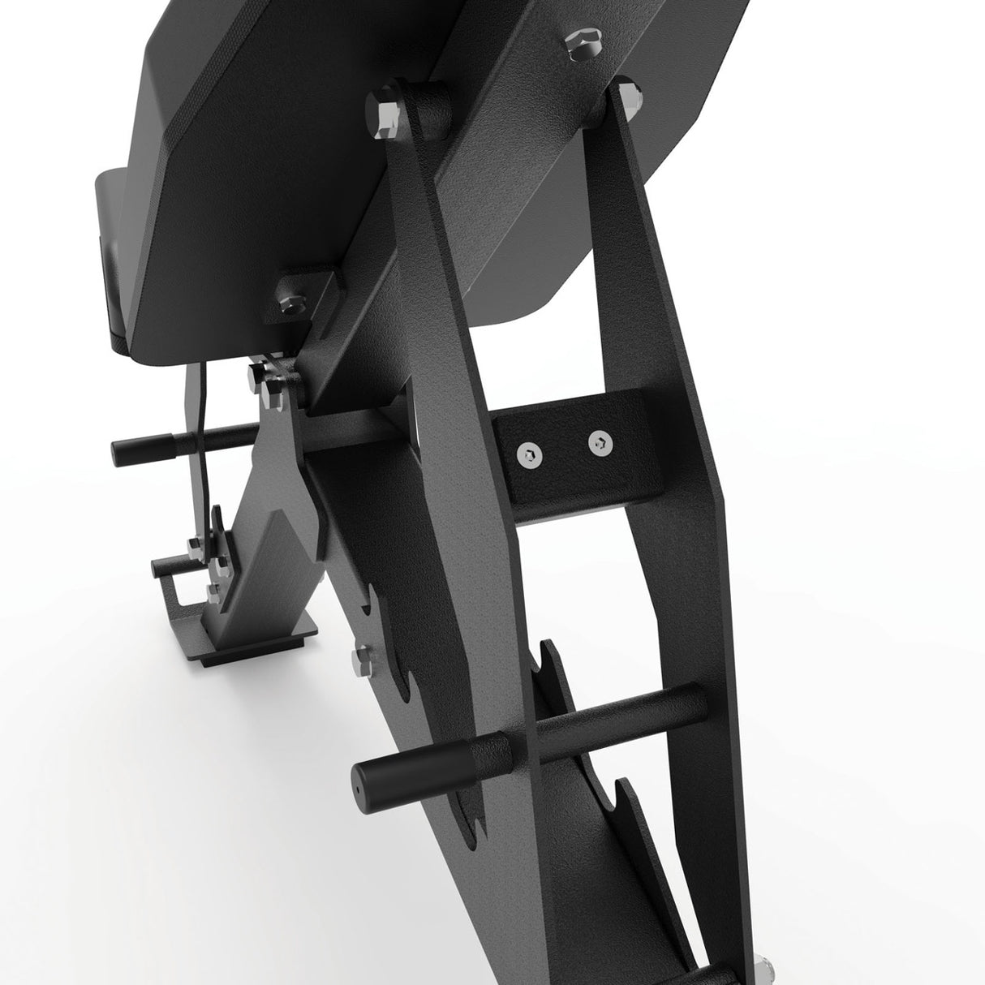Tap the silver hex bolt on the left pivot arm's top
385,111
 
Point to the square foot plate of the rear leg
268,627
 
